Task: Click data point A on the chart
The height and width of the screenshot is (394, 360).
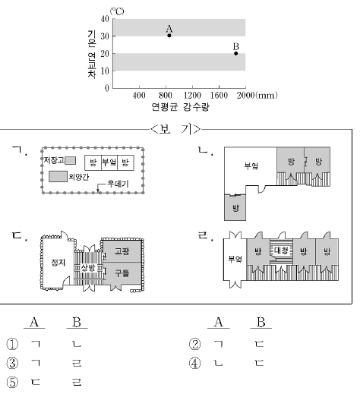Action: click(169, 36)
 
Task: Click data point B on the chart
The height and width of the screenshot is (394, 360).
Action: click(236, 53)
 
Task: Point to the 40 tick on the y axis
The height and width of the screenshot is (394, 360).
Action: click(105, 19)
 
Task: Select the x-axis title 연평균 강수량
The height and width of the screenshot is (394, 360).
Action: click(181, 107)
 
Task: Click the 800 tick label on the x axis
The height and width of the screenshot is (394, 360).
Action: click(166, 95)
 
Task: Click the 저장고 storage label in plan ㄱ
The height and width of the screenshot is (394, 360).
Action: click(54, 160)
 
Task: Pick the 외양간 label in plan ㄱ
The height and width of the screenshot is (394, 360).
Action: click(79, 177)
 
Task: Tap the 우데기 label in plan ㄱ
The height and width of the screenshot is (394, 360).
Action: click(118, 184)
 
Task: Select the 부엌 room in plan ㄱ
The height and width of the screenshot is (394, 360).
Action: click(109, 162)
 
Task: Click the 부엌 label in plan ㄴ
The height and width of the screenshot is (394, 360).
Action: click(251, 165)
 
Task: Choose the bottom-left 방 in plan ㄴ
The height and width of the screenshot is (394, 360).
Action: click(235, 208)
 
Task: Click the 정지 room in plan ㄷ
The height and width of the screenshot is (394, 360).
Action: click(58, 262)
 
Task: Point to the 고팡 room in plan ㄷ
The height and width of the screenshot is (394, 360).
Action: click(122, 251)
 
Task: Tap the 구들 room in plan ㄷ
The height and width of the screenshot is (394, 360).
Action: click(122, 273)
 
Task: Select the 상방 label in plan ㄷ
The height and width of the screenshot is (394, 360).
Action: click(88, 268)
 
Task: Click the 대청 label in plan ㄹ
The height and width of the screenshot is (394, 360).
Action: click(281, 251)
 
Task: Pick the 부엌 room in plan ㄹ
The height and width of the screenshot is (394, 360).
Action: click(235, 259)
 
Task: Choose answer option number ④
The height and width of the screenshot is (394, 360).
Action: click(194, 363)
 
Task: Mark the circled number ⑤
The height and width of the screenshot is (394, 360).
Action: click(12, 382)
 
